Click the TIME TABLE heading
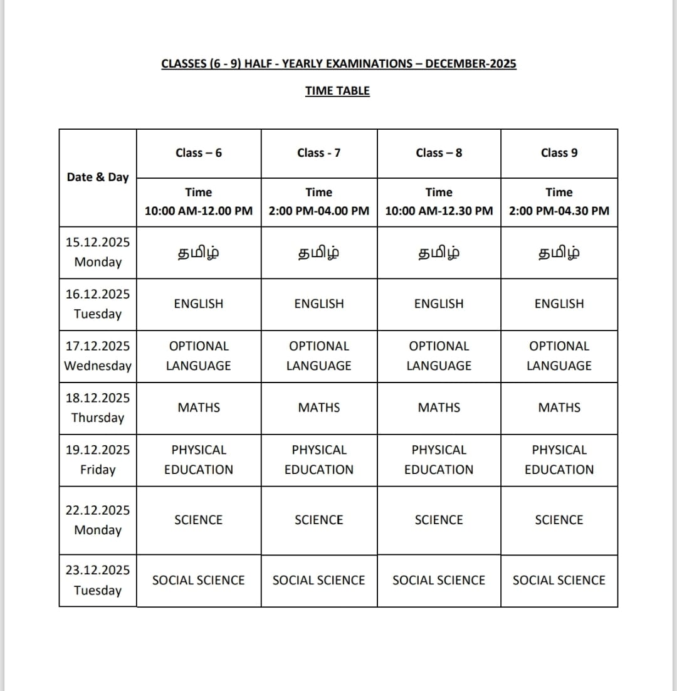coord(337,91)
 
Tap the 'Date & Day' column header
coord(97,177)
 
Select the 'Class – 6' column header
coord(199,153)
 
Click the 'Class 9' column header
coord(559,153)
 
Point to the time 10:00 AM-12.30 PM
coord(439,211)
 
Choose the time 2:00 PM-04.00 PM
coord(318,211)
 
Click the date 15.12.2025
coord(97,242)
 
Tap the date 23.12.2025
coord(97,570)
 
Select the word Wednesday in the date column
coord(97,366)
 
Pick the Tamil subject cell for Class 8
coord(439,253)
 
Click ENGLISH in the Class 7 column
coord(318,304)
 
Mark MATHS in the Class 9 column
coord(559,408)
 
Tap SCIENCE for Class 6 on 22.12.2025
coord(199,520)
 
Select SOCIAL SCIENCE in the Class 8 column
coord(439,581)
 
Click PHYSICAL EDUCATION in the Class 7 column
coord(318,460)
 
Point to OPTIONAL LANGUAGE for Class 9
coord(559,356)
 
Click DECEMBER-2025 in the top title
coord(471,64)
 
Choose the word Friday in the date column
coord(97,470)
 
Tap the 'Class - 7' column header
coord(318,153)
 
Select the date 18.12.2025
coord(97,398)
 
